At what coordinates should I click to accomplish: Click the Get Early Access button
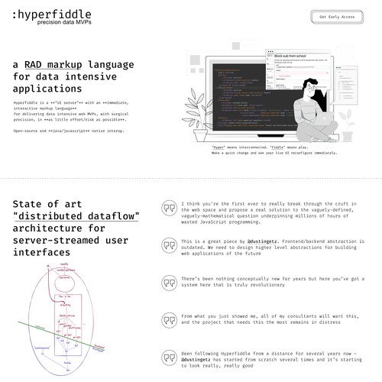tap(337, 16)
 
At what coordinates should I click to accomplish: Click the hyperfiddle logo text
tap(53, 14)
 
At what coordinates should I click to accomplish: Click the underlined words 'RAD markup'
tap(53, 65)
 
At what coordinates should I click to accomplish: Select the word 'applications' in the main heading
tap(48, 89)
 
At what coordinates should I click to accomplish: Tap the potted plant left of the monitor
tap(201, 115)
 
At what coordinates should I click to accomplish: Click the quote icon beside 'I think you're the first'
tap(168, 209)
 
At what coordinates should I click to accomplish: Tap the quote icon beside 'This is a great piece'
tap(168, 245)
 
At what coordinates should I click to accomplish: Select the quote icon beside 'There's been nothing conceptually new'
tap(168, 281)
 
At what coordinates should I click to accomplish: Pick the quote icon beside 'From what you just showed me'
tap(168, 318)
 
